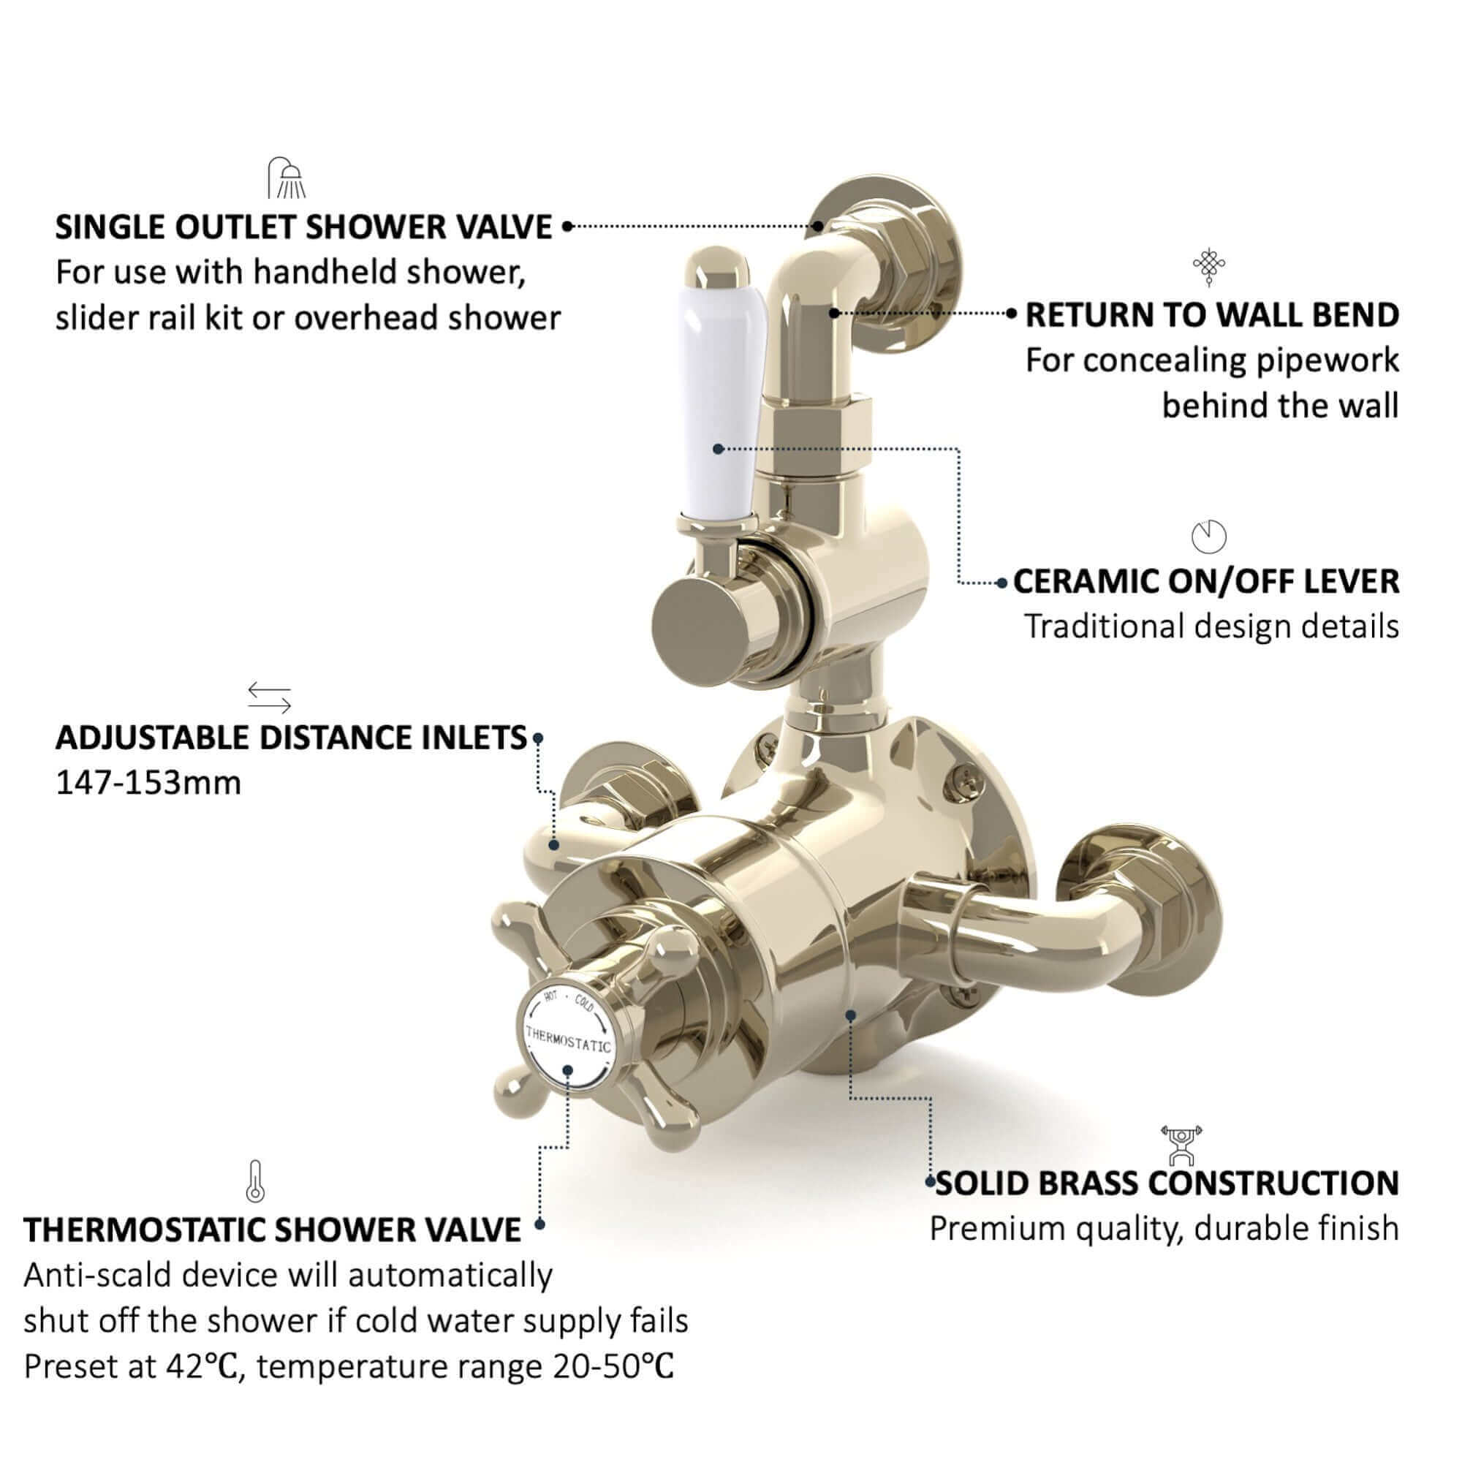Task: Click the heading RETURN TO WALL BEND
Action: [1211, 315]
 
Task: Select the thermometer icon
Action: [255, 1181]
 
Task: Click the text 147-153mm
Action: [148, 782]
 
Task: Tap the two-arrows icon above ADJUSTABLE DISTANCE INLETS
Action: [270, 697]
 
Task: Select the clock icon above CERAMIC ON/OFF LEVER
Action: [1208, 537]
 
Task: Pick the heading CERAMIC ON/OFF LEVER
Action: [1206, 581]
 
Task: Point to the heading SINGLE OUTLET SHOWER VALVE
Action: [304, 227]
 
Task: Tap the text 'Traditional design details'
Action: [1211, 626]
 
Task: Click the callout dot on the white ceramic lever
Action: [718, 450]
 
